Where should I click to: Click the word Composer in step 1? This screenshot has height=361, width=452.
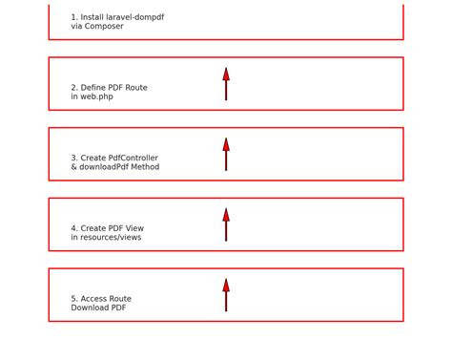104,27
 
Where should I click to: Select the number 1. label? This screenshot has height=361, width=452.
74,17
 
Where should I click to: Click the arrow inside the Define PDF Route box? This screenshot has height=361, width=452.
226,84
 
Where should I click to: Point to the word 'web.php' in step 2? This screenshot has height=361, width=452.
97,96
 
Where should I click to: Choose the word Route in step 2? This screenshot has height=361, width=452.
136,88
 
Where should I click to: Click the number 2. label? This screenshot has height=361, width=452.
74,88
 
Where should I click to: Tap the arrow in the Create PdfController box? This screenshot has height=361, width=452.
226,155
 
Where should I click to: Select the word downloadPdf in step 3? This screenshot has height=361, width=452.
104,167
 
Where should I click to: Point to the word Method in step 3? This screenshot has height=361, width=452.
146,167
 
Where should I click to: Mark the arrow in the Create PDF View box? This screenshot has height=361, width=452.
226,225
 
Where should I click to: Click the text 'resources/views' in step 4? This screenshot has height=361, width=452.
111,237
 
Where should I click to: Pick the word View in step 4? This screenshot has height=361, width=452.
134,228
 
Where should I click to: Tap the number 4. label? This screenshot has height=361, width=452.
74,228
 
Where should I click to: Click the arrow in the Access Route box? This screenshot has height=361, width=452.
226,295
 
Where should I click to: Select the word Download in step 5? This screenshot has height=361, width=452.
89,308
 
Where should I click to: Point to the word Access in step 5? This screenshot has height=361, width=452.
93,299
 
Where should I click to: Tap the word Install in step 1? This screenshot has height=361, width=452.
92,17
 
